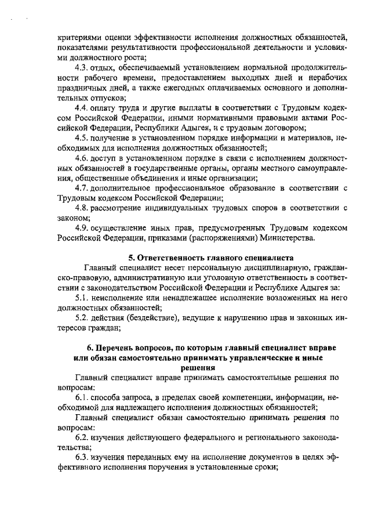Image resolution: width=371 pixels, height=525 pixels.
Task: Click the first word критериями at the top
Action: [81, 38]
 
